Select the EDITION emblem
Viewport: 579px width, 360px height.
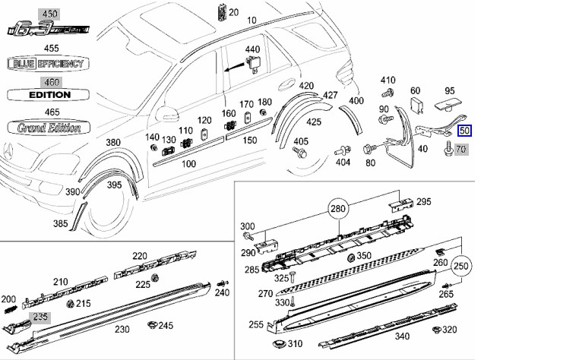pos(49,95)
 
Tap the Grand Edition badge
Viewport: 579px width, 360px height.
pos(49,128)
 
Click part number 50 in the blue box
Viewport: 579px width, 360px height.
pos(464,130)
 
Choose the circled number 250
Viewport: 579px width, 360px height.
pos(461,266)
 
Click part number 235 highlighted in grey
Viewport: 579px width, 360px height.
pos(38,317)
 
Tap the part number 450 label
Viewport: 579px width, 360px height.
pos(49,14)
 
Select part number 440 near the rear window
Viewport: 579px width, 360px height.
pos(252,50)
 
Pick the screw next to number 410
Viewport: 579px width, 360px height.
pos(387,93)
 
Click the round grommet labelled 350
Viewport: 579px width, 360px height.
pos(351,258)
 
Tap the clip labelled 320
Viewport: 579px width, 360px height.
pos(435,330)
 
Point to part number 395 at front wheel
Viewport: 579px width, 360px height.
pos(114,185)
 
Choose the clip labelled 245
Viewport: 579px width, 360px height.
pos(152,326)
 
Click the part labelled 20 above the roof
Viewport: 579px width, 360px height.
pos(221,12)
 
